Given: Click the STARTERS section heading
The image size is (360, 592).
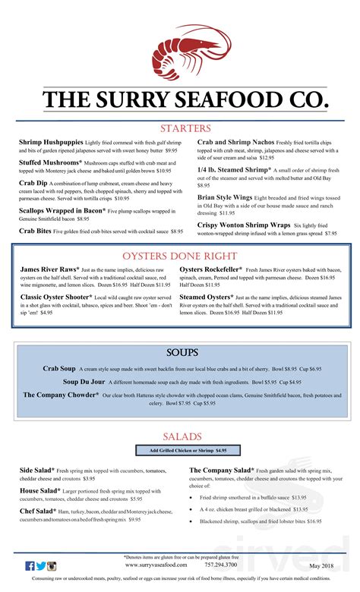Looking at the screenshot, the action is tap(185, 128).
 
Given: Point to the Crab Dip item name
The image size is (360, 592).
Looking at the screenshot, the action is tap(34, 183).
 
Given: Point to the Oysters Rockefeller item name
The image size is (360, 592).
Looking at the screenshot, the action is tap(212, 269).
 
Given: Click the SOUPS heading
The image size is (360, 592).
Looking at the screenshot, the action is tap(182, 354).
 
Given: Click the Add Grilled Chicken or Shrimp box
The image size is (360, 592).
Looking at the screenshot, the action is tap(182, 450).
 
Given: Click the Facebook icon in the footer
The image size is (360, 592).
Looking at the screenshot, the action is tap(30, 566).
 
